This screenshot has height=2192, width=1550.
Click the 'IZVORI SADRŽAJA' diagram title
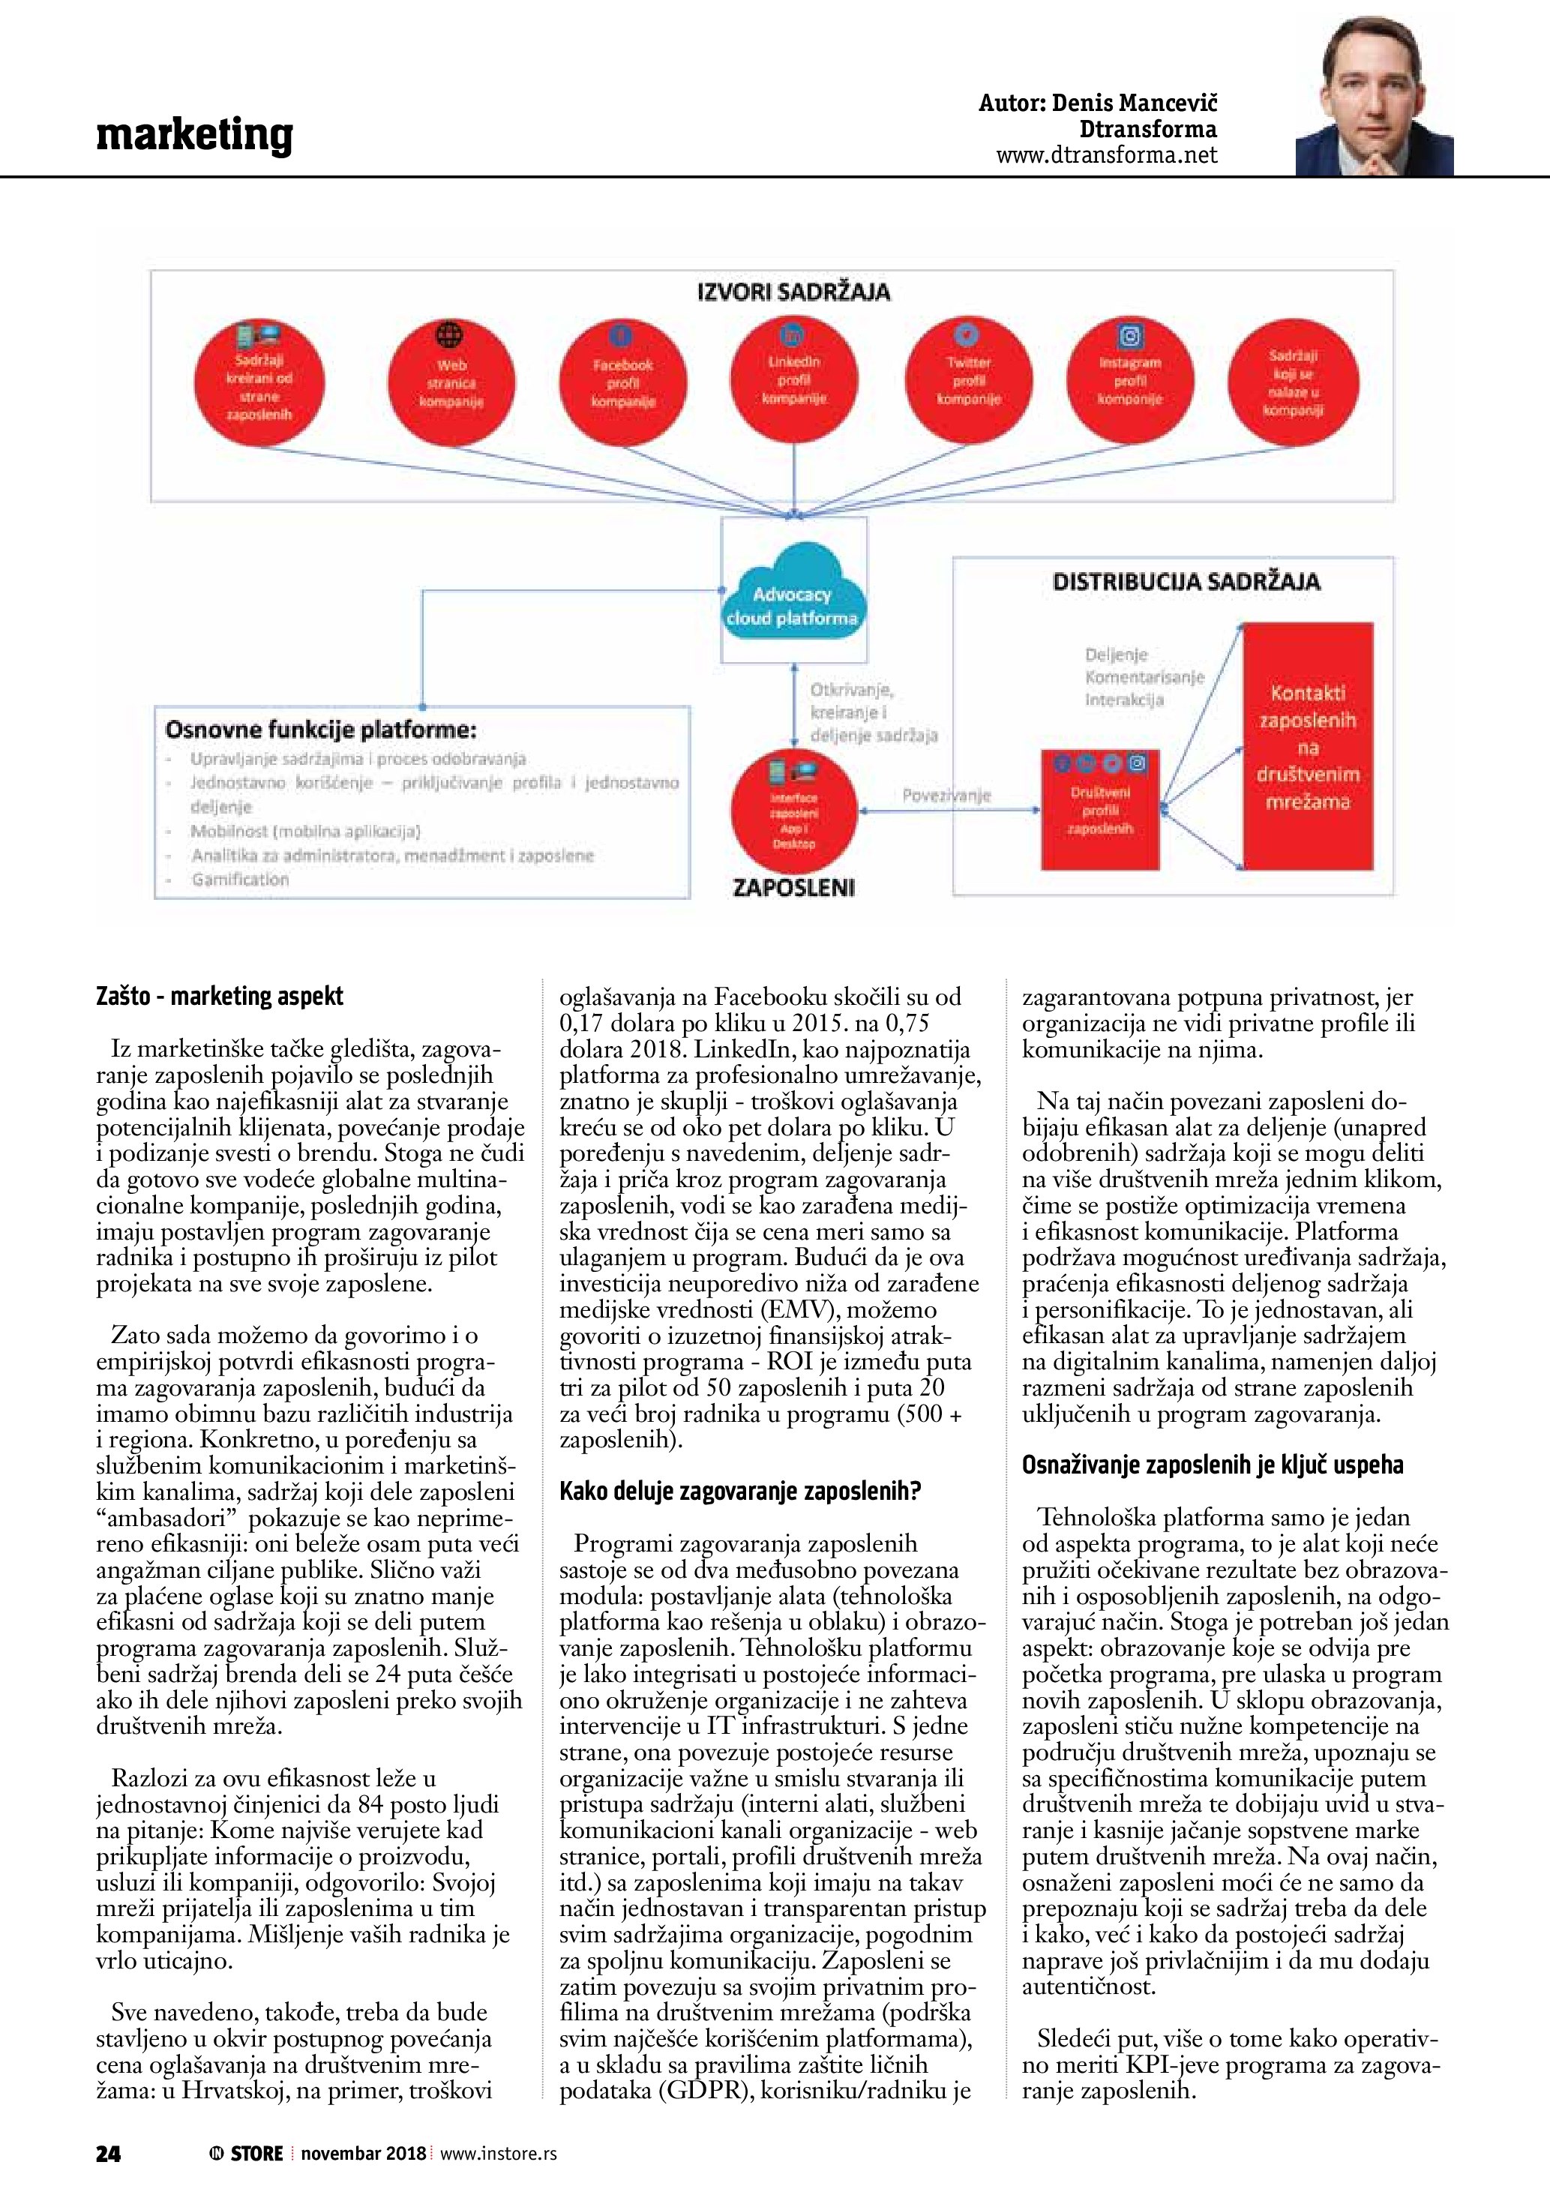[793, 292]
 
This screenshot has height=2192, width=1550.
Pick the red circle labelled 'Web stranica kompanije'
[451, 382]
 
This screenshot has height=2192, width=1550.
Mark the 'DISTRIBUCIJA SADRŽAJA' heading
[1186, 581]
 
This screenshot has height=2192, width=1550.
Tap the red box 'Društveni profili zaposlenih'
[1101, 808]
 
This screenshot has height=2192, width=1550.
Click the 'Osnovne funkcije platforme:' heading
[321, 730]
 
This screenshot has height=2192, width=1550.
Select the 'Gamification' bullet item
[239, 880]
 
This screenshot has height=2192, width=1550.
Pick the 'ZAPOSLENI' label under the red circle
[793, 887]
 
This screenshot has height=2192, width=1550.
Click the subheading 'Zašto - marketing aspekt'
[220, 997]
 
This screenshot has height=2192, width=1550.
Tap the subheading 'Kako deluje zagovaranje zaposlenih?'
[739, 1492]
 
